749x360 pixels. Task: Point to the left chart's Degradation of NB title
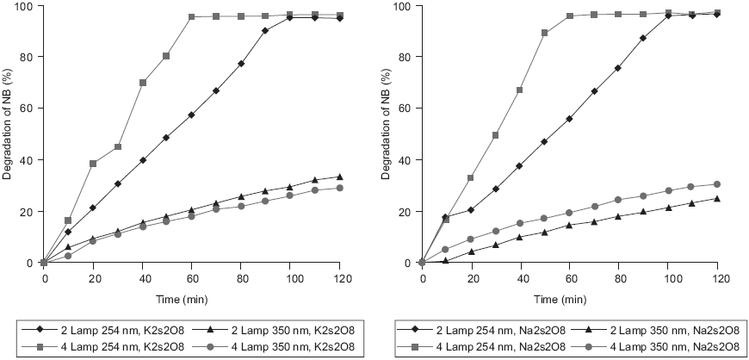(x=8, y=133)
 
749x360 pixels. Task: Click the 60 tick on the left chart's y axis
(x=29, y=109)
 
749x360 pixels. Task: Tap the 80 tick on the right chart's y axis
(x=407, y=57)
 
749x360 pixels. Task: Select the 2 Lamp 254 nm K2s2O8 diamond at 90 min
(x=266, y=31)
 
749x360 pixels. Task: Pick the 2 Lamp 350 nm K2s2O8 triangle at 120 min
(x=341, y=177)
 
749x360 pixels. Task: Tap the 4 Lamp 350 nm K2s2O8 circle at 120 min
(x=341, y=188)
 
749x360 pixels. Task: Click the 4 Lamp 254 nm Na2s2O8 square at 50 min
(x=545, y=33)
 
